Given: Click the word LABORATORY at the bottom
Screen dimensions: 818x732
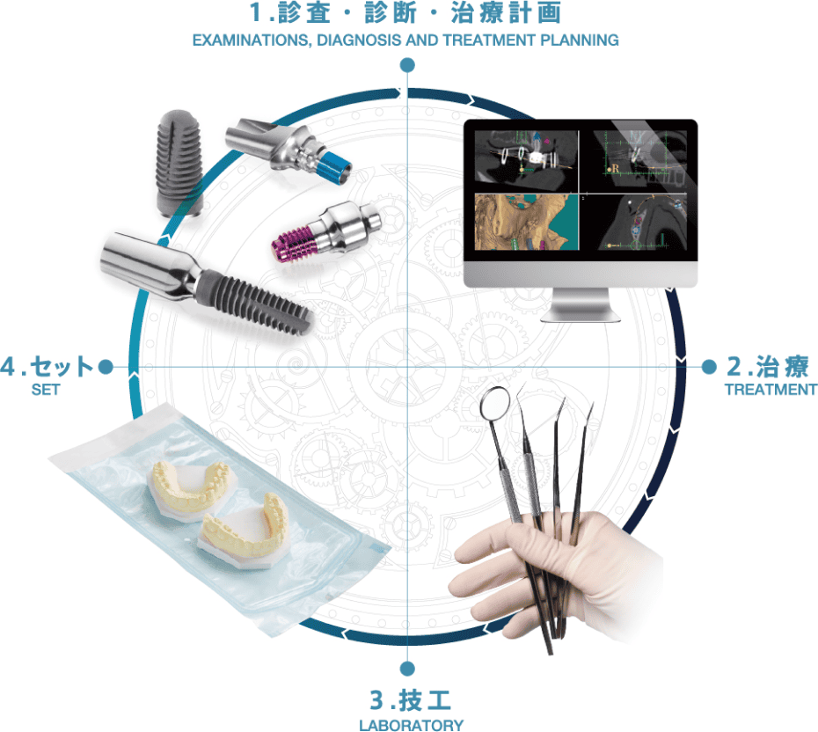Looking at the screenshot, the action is click(411, 725).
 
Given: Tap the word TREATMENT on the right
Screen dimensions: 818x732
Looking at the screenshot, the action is click(771, 389).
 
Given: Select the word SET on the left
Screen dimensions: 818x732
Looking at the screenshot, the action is click(46, 389).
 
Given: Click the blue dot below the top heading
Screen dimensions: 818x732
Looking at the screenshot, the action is click(407, 65).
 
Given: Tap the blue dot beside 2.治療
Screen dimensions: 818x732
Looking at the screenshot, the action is click(708, 367).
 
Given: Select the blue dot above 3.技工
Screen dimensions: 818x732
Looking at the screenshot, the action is click(407, 669).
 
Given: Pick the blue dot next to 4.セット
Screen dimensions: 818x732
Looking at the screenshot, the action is click(106, 367).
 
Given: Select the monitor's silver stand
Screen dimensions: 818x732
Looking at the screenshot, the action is click(581, 305).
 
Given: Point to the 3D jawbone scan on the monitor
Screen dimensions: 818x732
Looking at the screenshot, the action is click(526, 222).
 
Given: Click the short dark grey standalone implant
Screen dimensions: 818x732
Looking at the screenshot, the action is click(179, 164).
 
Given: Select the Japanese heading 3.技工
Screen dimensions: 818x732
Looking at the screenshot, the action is click(411, 699).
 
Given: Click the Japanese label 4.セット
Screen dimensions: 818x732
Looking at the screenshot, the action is click(47, 366).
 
